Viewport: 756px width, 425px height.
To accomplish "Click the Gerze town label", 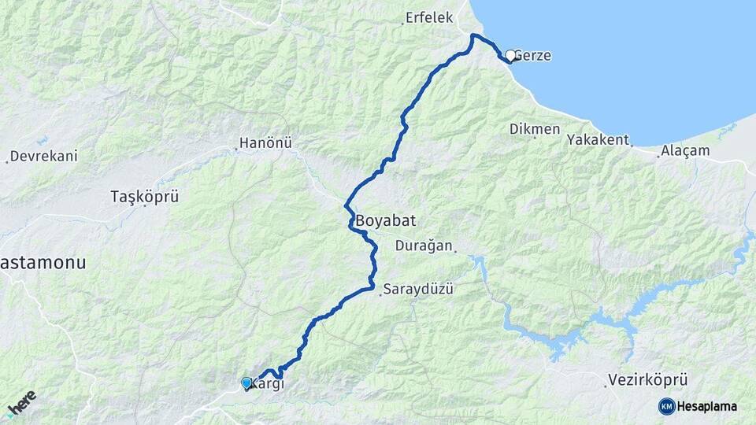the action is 534,57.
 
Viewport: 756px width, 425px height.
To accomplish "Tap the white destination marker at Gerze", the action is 510,56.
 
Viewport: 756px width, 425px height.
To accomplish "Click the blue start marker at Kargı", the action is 246,383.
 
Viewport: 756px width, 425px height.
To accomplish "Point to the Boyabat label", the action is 385,220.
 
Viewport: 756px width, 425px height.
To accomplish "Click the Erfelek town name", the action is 430,17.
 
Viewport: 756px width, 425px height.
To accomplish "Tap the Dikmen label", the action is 535,128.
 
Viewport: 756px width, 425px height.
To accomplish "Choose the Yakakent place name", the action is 598,140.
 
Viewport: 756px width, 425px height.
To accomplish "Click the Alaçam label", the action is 685,150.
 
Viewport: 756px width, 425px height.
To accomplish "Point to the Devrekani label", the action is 44,156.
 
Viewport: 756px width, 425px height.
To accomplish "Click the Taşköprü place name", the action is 144,196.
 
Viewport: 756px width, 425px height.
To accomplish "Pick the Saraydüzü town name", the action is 419,290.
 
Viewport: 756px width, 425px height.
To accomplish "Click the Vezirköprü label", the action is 643,380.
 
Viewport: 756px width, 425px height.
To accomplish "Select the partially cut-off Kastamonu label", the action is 43,262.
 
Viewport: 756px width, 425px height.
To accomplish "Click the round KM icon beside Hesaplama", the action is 666,406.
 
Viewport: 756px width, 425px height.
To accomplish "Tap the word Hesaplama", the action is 706,407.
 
